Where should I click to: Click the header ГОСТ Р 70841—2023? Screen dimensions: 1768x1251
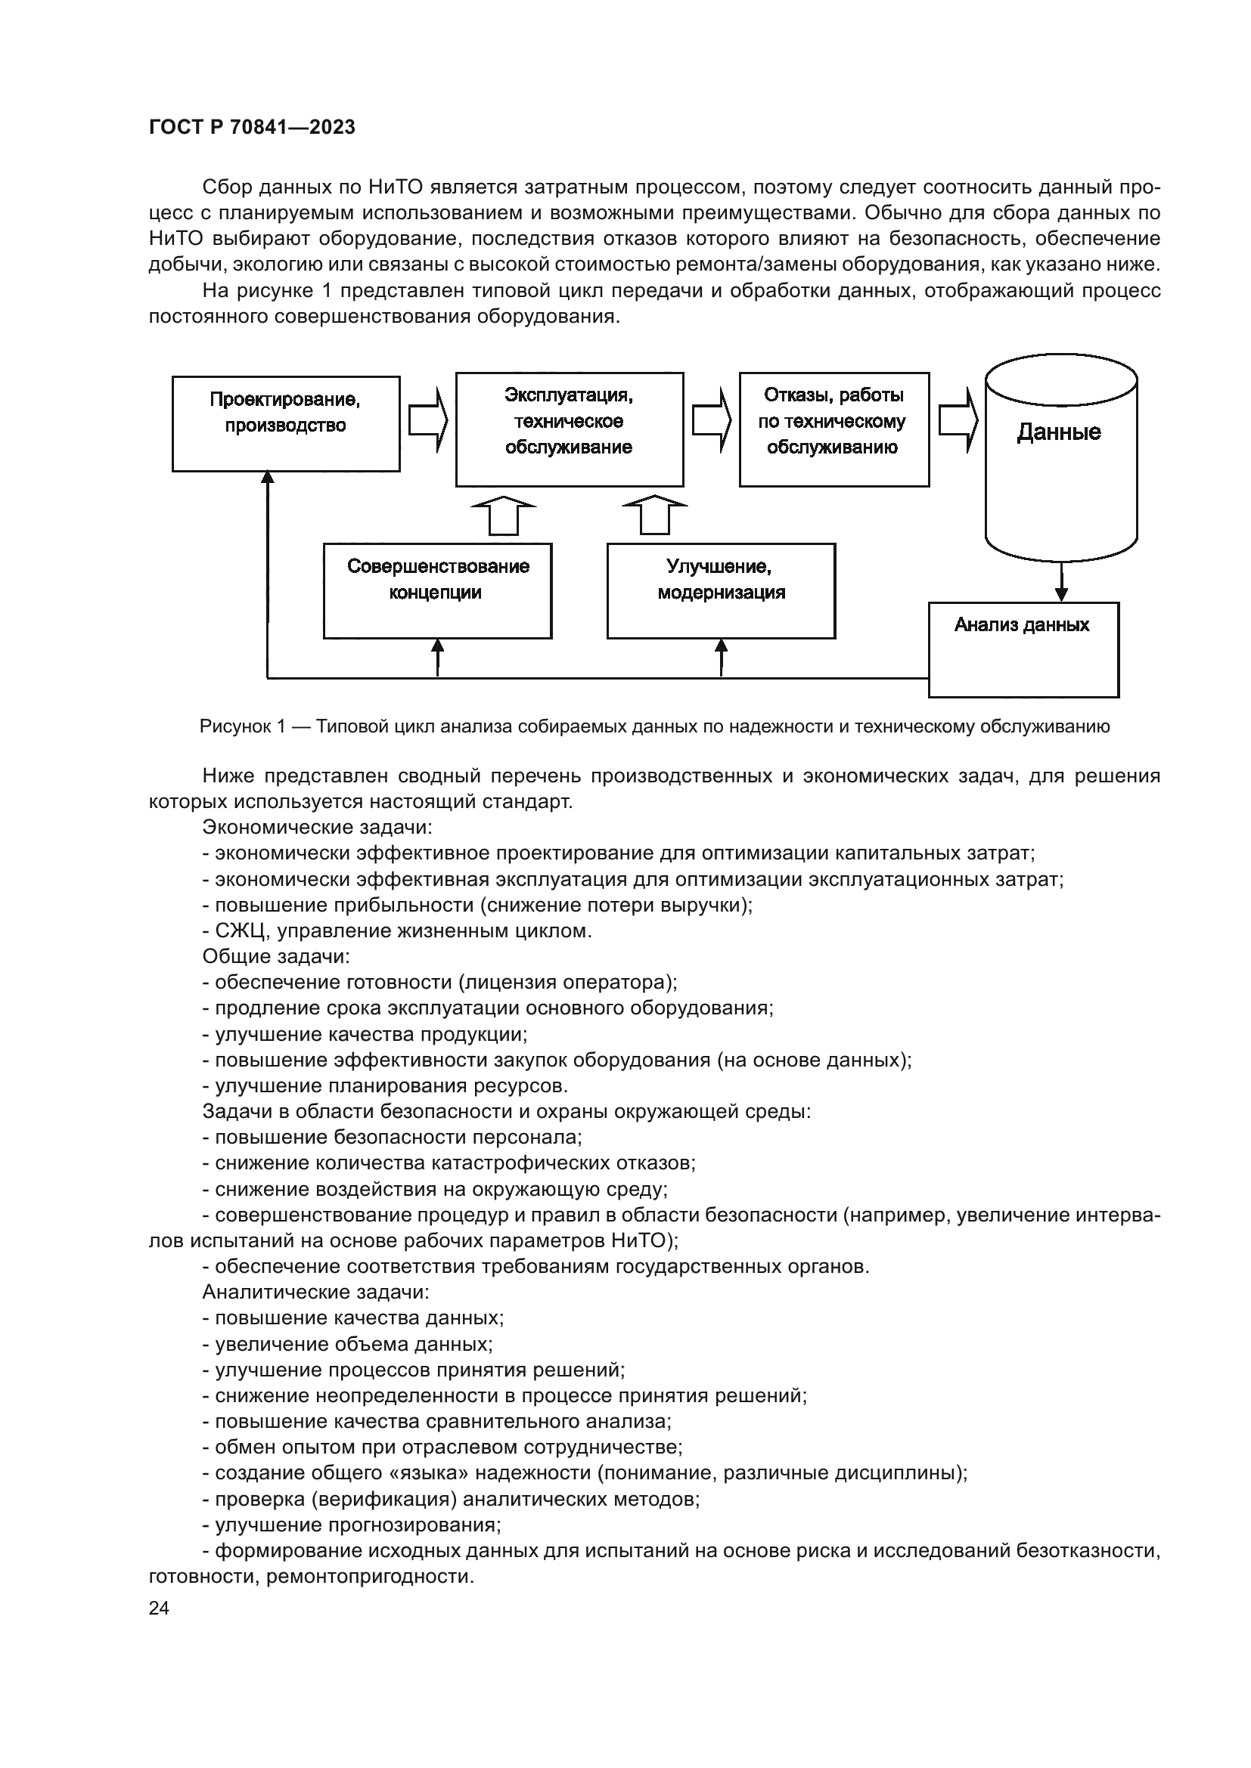pyautogui.click(x=252, y=128)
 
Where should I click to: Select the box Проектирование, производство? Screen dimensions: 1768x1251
pyautogui.click(x=286, y=423)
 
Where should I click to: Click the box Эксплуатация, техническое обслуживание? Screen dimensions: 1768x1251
pyautogui.click(x=570, y=429)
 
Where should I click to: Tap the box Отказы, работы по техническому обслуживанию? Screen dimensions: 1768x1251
pyautogui.click(x=833, y=429)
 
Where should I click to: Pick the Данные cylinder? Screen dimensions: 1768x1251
pyautogui.click(x=1060, y=458)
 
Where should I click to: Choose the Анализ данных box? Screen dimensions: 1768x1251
pyautogui.click(x=1023, y=649)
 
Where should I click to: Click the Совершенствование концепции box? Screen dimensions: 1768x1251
pyautogui.click(x=437, y=590)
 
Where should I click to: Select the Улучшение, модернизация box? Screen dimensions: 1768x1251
pyautogui.click(x=721, y=590)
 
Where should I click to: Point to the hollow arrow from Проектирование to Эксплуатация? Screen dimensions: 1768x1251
pyautogui.click(x=427, y=420)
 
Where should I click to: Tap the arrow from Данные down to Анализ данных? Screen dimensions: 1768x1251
pyautogui.click(x=1061, y=582)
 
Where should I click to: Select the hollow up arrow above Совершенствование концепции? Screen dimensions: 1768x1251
pyautogui.click(x=504, y=516)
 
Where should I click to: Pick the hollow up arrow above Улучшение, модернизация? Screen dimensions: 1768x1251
pyautogui.click(x=655, y=516)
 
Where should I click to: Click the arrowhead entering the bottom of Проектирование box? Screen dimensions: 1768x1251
pyautogui.click(x=267, y=479)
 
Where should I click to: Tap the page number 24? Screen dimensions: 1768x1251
pyautogui.click(x=159, y=1608)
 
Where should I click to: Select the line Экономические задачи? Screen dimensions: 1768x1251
pyautogui.click(x=318, y=828)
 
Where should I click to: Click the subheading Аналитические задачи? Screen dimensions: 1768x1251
pyautogui.click(x=316, y=1292)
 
